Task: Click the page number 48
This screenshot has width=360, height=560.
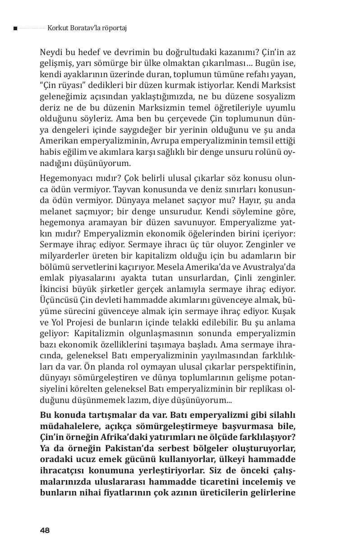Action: (x=44, y=530)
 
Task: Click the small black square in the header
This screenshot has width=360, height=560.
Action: (x=15, y=28)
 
